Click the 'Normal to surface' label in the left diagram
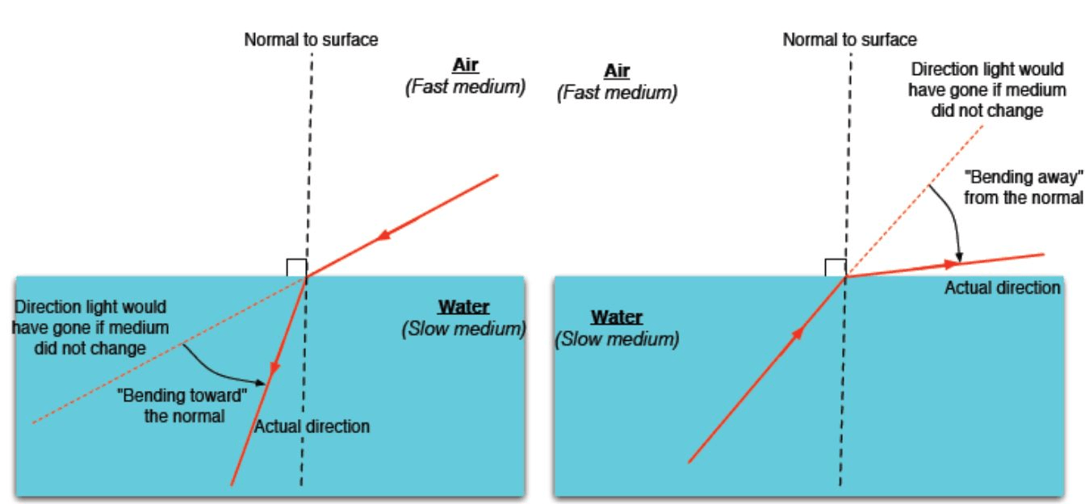point(311,40)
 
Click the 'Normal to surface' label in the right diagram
point(850,40)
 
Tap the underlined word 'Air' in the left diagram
point(465,65)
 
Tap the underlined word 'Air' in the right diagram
point(617,70)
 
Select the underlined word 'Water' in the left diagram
point(463,306)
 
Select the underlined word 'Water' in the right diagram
point(617,317)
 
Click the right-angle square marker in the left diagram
point(296,268)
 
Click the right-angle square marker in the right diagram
point(836,268)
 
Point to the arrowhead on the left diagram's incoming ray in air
point(384,235)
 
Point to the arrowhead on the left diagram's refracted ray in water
point(274,368)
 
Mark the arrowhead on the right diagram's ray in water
point(798,334)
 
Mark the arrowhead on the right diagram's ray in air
point(950,265)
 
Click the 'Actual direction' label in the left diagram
point(312,426)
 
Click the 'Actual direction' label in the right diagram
point(1002,288)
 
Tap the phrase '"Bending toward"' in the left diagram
point(182,396)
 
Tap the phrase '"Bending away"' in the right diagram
point(1024,177)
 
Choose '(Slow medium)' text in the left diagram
point(463,329)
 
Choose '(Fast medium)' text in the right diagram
point(617,92)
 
